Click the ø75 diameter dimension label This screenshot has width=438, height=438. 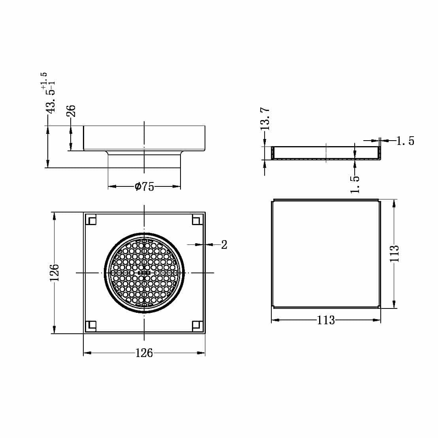[145, 187]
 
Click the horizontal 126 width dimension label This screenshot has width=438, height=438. [144, 353]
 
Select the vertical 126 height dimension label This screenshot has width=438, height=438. [54, 273]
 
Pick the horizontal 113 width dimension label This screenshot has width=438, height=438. [326, 320]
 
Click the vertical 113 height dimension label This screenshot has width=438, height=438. [394, 254]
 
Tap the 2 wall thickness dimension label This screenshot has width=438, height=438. [224, 245]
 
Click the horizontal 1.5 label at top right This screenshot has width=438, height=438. [405, 141]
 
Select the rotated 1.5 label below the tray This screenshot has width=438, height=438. [355, 184]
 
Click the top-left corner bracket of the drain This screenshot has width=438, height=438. [91, 220]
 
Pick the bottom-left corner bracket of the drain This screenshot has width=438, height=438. [91, 326]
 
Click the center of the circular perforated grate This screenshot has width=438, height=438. [144, 273]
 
